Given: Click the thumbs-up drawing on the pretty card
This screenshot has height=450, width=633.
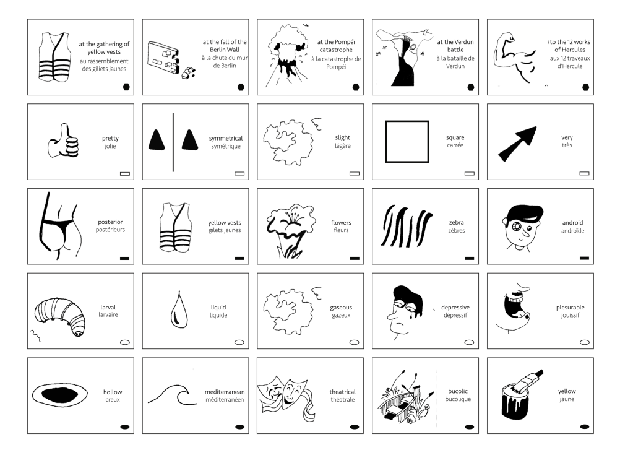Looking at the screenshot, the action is [x=64, y=141].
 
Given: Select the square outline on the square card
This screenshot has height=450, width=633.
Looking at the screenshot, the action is [x=407, y=141].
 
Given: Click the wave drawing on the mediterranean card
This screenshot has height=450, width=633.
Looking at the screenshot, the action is [x=168, y=394].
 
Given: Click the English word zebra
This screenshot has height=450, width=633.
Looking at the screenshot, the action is [x=456, y=223].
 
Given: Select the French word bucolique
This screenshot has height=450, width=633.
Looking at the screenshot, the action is [x=458, y=399].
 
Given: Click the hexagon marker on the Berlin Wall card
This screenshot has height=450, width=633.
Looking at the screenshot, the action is [x=241, y=87].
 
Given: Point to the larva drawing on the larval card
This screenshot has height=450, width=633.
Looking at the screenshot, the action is [x=61, y=316].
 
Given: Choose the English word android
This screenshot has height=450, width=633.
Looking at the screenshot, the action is [x=572, y=223].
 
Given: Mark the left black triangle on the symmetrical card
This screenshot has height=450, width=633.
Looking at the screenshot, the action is [x=157, y=140].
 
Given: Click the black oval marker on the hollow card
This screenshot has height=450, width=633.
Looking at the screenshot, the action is [x=125, y=426].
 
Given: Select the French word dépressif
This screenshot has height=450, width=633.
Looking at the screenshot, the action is [x=455, y=315].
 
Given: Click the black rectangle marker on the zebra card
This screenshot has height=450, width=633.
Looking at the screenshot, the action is [x=469, y=258].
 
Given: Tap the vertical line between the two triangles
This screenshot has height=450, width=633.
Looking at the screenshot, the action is [x=173, y=142].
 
